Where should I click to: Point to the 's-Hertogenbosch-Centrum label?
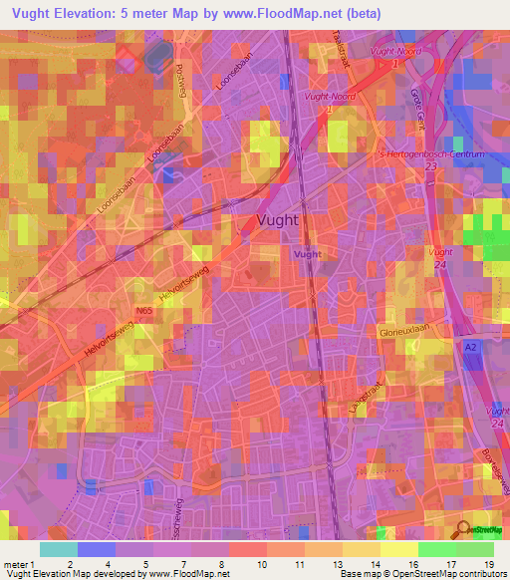(x=439, y=155)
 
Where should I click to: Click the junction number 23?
(x=430, y=167)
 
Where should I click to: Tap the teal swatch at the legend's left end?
(x=59, y=548)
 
